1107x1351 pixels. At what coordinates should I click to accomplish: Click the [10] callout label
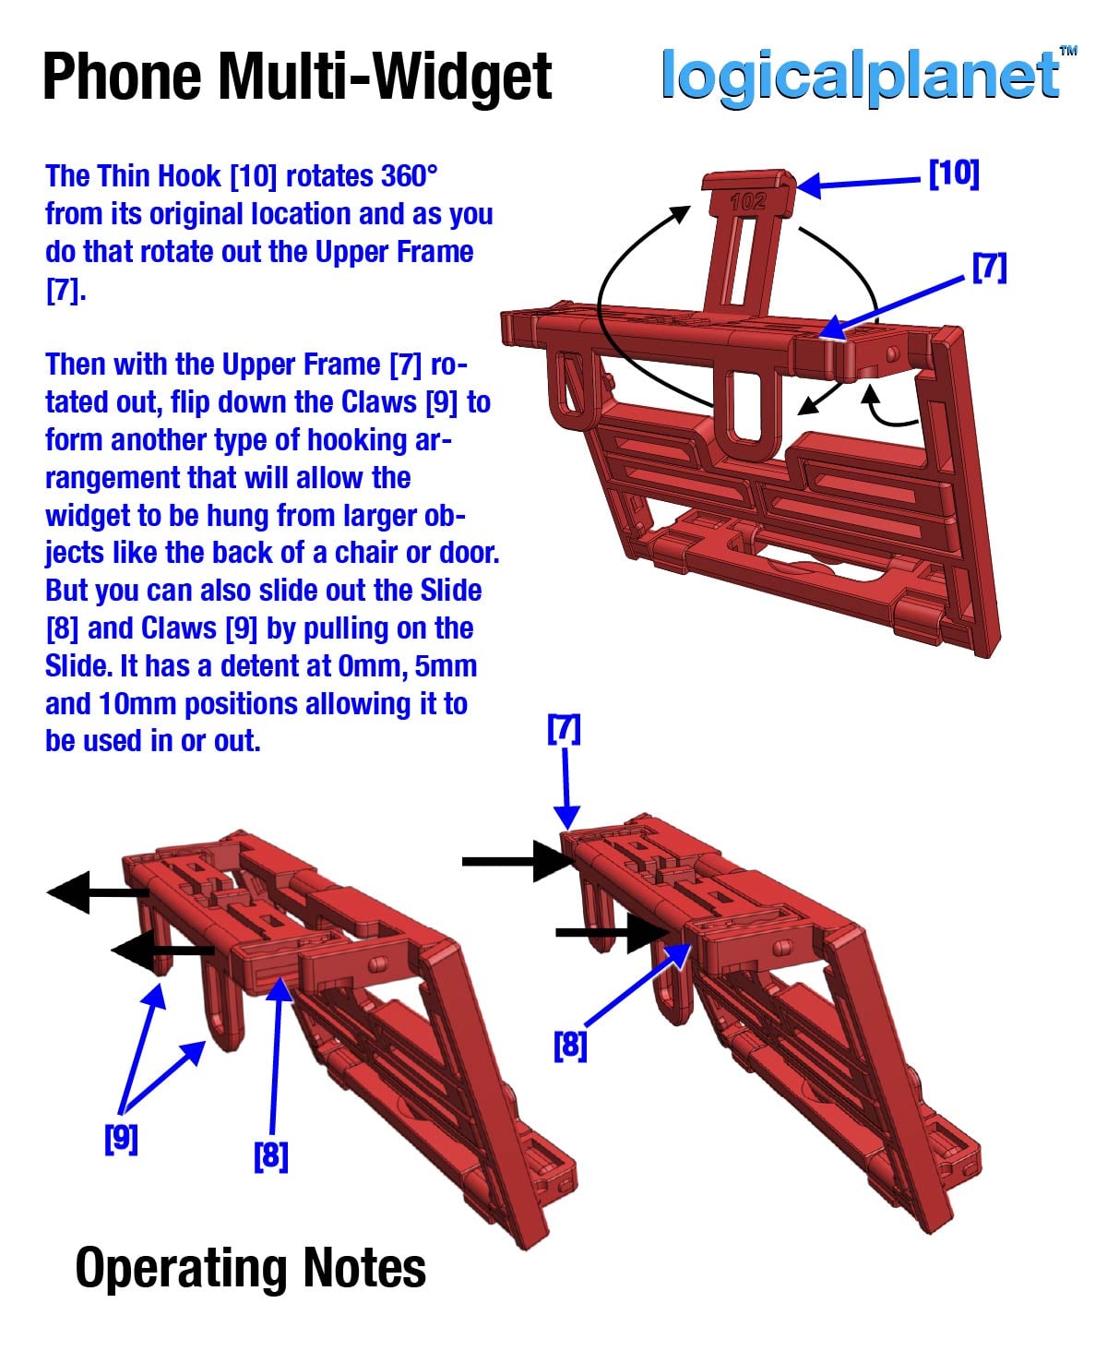point(954,173)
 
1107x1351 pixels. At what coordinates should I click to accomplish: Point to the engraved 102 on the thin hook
point(747,202)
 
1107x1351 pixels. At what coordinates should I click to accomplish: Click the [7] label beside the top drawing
point(989,268)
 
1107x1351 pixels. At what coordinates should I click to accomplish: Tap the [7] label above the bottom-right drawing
point(564,729)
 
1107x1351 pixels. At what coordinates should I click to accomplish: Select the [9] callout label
point(121,1139)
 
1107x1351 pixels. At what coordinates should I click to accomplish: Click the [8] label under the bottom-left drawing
point(271,1156)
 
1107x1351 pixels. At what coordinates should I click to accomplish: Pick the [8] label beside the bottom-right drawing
point(570,1046)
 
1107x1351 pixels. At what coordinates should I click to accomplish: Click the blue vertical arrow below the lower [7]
point(566,788)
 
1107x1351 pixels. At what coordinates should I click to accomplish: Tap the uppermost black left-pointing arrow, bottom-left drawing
point(98,891)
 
